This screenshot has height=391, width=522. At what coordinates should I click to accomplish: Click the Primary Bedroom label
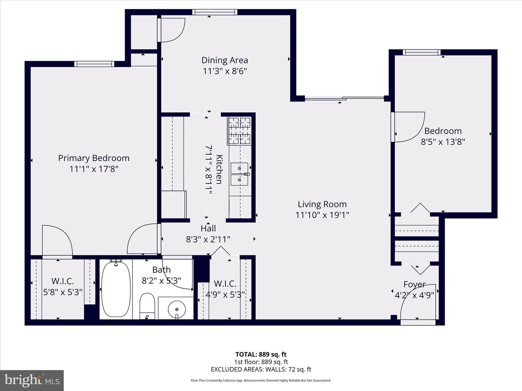[x=94, y=158]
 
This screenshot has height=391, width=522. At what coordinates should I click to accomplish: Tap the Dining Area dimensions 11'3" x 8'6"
[x=225, y=71]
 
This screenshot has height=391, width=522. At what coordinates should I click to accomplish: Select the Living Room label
[x=322, y=204]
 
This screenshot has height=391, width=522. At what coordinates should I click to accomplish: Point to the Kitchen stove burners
[x=239, y=131]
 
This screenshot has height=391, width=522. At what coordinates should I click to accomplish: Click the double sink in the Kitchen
[x=239, y=174]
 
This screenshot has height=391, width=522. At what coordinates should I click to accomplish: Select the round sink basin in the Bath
[x=177, y=310]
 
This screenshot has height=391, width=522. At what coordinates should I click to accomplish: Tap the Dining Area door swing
[x=171, y=30]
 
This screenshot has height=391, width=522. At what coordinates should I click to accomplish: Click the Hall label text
[x=208, y=228]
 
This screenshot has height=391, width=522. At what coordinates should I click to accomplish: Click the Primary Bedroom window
[x=94, y=64]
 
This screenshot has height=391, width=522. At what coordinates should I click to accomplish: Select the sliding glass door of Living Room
[x=344, y=98]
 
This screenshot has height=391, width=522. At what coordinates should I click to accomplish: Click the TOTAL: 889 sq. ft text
[x=261, y=354]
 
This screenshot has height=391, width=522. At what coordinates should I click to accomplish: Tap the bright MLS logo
[x=32, y=380]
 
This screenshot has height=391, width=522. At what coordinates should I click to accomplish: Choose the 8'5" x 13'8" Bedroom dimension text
[x=443, y=142]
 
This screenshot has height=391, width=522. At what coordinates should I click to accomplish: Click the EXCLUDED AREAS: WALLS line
[x=261, y=369]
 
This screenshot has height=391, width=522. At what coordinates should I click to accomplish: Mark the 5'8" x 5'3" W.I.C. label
[x=63, y=292]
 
